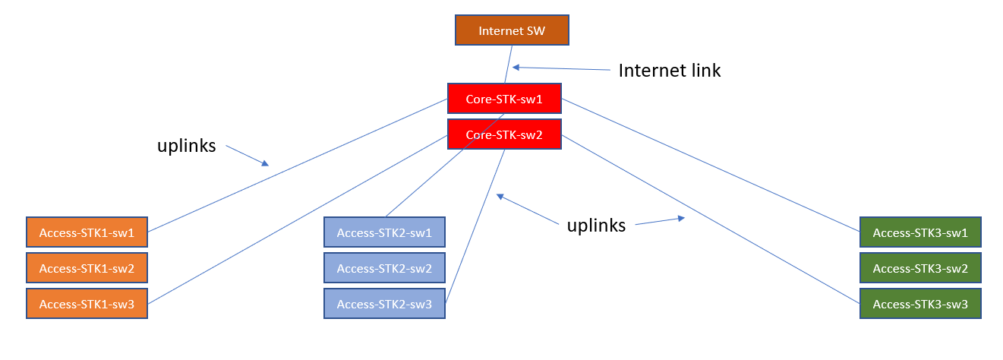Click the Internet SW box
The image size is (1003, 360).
pos(511,30)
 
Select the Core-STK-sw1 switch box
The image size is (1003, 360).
pos(504,99)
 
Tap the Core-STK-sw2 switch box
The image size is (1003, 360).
pos(504,134)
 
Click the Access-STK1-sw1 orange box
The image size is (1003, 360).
pos(87,232)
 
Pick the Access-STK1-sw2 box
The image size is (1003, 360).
pos(87,268)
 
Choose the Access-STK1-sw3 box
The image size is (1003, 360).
pos(87,304)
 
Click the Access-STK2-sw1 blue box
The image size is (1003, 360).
pos(384,232)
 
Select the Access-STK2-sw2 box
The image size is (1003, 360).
pos(384,268)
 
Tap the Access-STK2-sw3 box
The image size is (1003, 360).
pos(384,304)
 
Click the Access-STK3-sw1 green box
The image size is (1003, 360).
pos(920,232)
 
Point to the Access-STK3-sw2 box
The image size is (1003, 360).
pos(920,268)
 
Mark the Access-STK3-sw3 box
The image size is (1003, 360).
pos(920,304)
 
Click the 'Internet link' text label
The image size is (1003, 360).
pos(669,71)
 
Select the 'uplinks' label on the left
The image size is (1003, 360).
pos(186,146)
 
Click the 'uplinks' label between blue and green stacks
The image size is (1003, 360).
pos(596,225)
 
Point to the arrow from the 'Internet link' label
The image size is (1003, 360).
pos(562,68)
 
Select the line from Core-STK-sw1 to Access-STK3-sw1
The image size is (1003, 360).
pos(710,165)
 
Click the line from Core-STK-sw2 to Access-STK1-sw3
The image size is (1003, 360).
pos(296,220)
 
